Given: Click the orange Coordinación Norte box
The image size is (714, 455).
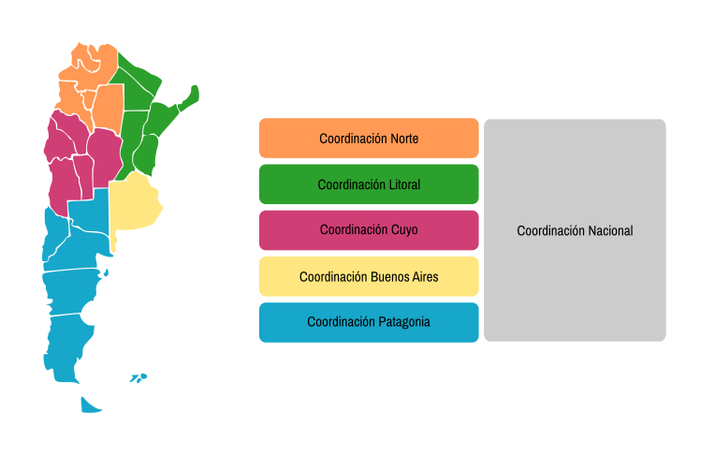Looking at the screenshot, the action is pyautogui.click(x=369, y=138).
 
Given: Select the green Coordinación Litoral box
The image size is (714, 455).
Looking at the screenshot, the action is pyautogui.click(x=369, y=184).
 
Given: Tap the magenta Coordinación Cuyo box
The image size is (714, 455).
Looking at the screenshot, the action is pyautogui.click(x=369, y=230).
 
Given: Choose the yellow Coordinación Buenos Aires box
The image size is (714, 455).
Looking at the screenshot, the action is pyautogui.click(x=369, y=276).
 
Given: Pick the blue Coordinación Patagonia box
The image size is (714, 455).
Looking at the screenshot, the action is pyautogui.click(x=369, y=322).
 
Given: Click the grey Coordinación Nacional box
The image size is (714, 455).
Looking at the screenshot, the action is pyautogui.click(x=575, y=230).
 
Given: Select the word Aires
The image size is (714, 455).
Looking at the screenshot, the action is pyautogui.click(x=425, y=277).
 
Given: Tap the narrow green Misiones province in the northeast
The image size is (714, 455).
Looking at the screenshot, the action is pyautogui.click(x=189, y=98).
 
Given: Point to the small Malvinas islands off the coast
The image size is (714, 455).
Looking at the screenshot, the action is pyautogui.click(x=138, y=378).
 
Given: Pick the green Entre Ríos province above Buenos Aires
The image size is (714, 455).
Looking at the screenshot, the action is pyautogui.click(x=146, y=154).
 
